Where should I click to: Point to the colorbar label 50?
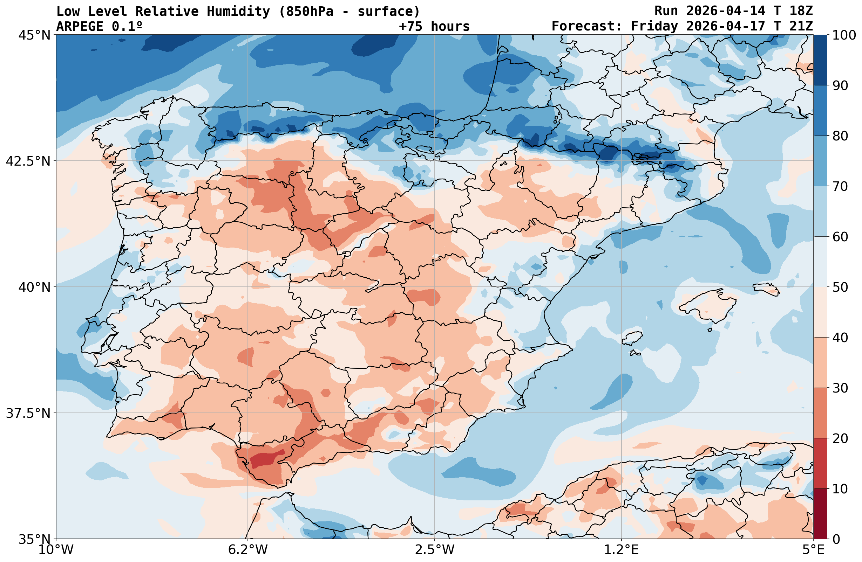840,287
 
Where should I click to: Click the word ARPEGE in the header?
80,26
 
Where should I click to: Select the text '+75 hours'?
434,26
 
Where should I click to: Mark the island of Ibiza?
632,338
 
